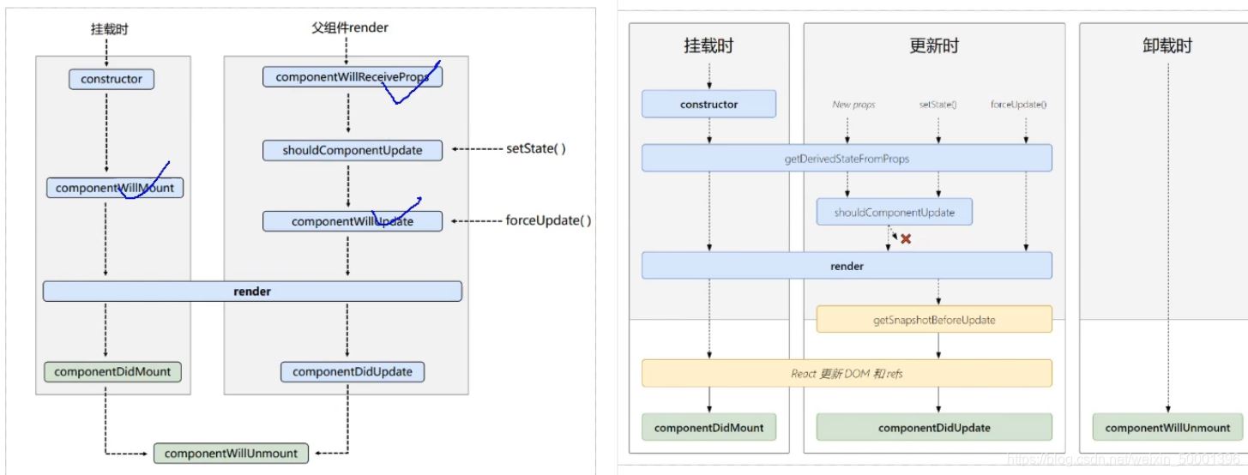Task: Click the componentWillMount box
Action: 115,188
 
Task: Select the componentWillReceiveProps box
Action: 353,77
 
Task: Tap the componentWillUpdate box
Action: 353,221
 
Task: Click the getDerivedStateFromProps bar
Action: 847,158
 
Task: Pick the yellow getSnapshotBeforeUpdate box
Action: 933,320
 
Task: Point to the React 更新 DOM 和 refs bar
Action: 847,373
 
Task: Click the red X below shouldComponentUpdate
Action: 905,239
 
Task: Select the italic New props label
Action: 853,105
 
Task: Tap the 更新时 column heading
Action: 934,46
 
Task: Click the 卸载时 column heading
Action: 1167,46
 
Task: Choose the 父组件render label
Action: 350,27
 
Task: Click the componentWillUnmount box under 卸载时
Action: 1167,427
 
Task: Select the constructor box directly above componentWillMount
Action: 112,79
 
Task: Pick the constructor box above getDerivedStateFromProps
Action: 708,105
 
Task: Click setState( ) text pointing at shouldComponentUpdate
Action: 536,148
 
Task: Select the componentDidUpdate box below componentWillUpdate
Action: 353,371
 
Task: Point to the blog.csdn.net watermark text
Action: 1124,460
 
